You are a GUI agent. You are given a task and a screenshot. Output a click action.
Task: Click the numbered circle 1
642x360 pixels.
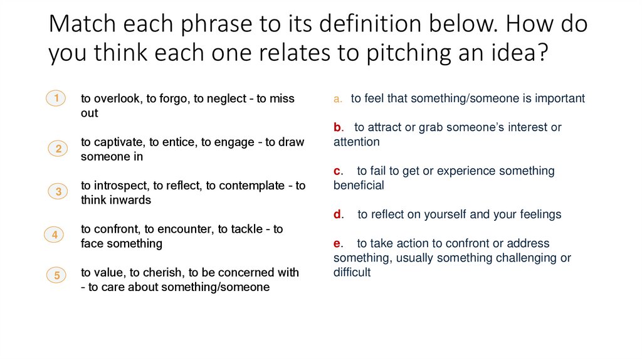[x=56, y=98]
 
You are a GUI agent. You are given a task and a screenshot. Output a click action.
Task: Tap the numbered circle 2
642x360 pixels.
[x=58, y=149]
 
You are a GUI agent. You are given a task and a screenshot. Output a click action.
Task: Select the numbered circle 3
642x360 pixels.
[x=58, y=192]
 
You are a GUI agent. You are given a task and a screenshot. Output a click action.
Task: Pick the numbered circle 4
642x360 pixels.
[x=55, y=236]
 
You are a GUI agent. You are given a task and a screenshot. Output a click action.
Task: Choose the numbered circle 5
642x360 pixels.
[x=57, y=275]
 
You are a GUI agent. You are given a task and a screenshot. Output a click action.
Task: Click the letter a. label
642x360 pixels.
[x=337, y=99]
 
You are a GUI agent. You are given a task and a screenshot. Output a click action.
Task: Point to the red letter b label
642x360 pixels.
[x=338, y=127]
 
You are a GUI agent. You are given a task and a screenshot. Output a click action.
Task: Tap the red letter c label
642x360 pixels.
[x=337, y=171]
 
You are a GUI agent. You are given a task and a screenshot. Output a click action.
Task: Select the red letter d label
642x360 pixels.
[x=338, y=214]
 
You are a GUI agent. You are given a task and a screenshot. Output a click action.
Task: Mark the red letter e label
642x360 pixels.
[x=337, y=243]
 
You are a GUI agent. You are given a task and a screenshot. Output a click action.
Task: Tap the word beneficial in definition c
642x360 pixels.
[x=359, y=186]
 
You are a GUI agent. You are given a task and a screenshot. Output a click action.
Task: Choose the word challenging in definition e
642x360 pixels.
[x=528, y=258]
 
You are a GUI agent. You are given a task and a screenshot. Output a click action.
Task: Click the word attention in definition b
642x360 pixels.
[x=356, y=142]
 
